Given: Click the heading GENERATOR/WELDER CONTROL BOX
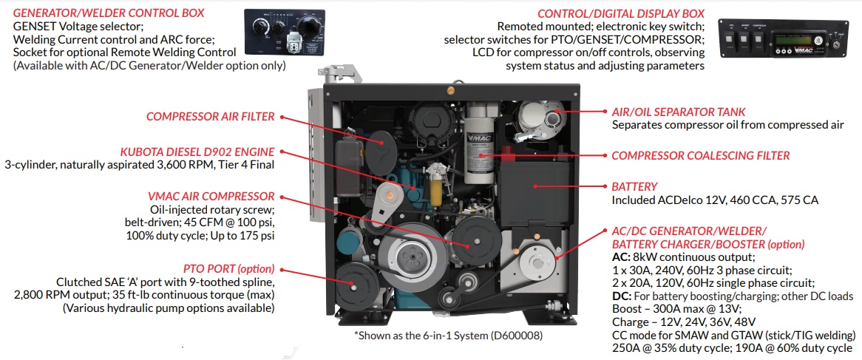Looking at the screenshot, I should tap(109, 13).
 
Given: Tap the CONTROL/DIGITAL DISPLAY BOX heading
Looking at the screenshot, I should tap(620, 13).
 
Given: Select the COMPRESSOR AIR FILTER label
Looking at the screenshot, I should tap(211, 116).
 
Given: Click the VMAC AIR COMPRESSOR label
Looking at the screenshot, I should tap(211, 196).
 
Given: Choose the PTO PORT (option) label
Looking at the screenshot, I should tap(228, 269).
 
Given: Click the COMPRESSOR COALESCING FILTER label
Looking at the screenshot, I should tap(701, 156).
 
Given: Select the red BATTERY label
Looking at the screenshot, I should tap(634, 187).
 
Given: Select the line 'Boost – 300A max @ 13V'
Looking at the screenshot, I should tap(673, 310).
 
